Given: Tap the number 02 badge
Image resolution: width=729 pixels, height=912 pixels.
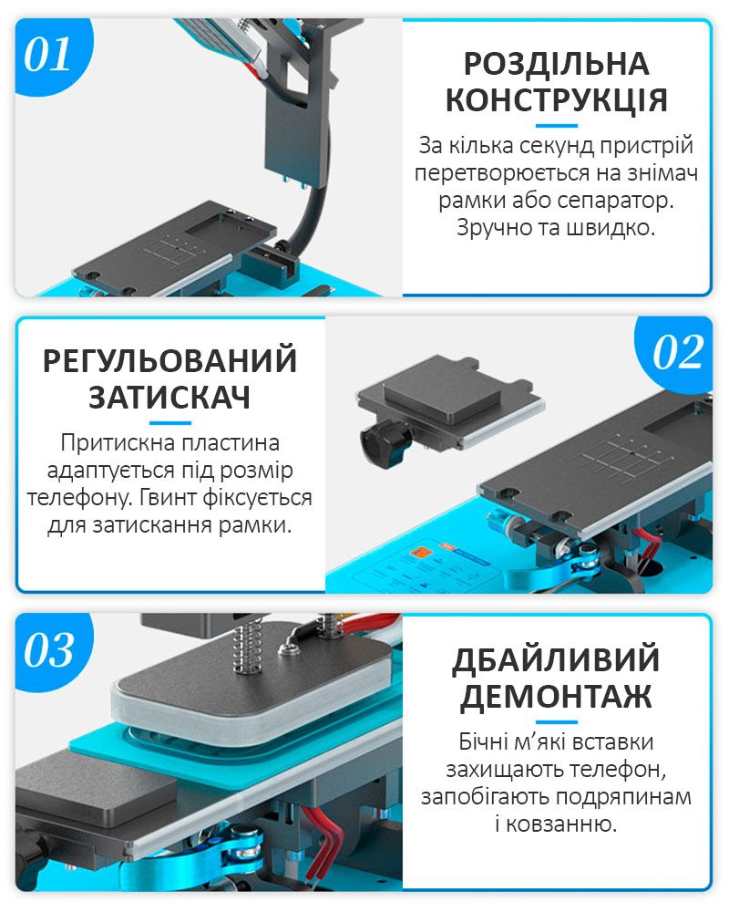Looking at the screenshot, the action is tap(677, 352).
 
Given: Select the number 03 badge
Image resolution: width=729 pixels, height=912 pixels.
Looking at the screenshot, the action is tap(49, 649).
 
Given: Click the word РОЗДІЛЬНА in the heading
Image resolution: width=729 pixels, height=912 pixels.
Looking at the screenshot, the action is tap(557, 64).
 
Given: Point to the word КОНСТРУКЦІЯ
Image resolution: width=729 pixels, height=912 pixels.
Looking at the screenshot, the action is tap(557, 100).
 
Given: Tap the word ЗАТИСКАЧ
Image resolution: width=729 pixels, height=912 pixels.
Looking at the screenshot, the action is tap(169, 398).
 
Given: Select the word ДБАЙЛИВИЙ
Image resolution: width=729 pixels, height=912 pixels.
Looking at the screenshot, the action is tap(557, 659).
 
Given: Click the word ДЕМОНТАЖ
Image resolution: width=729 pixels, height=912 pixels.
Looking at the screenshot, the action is tap(557, 696).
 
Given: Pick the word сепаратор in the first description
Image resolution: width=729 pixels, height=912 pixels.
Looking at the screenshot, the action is tap(615, 201).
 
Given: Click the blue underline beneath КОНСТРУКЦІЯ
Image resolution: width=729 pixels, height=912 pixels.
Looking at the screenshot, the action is tap(557, 126).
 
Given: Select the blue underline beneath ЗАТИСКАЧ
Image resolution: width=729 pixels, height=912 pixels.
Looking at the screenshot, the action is tap(169, 423).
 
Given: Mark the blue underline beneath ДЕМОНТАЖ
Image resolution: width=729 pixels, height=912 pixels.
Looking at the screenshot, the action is tap(557, 721).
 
